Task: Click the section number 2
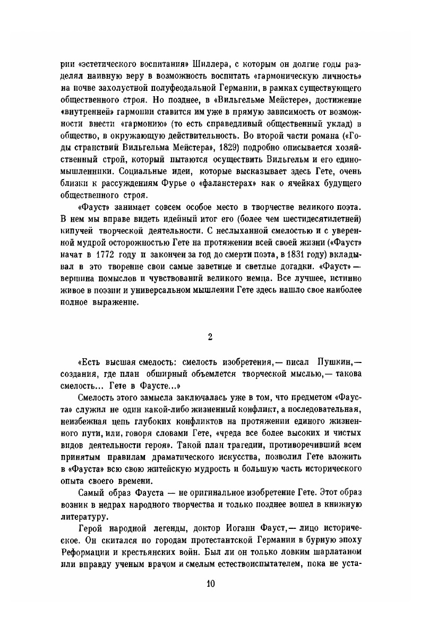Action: tap(210, 336)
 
